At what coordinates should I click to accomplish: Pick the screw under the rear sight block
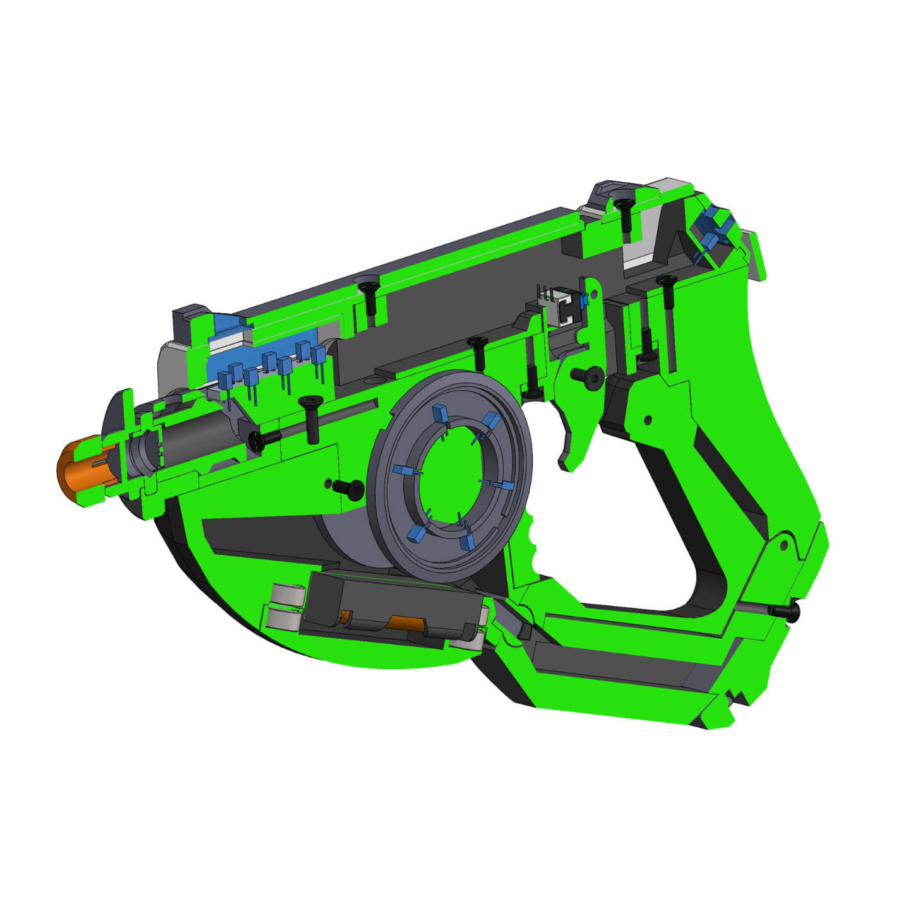(x=624, y=215)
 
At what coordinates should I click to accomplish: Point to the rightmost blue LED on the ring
(x=506, y=486)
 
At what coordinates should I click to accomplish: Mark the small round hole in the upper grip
(x=647, y=420)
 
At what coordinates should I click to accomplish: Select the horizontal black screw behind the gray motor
(x=265, y=439)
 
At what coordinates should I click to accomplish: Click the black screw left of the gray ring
(x=349, y=489)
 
